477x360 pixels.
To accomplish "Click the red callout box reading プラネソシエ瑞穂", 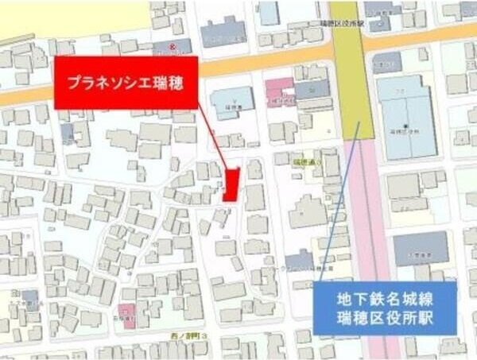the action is (125, 82).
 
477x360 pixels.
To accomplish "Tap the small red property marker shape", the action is (231, 184).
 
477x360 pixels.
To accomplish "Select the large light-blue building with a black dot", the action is (406, 115).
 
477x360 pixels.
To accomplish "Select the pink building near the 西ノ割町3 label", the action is (126, 312).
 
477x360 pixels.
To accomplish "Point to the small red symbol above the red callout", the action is (173, 47).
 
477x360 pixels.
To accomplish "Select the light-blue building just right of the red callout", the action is (231, 102).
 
